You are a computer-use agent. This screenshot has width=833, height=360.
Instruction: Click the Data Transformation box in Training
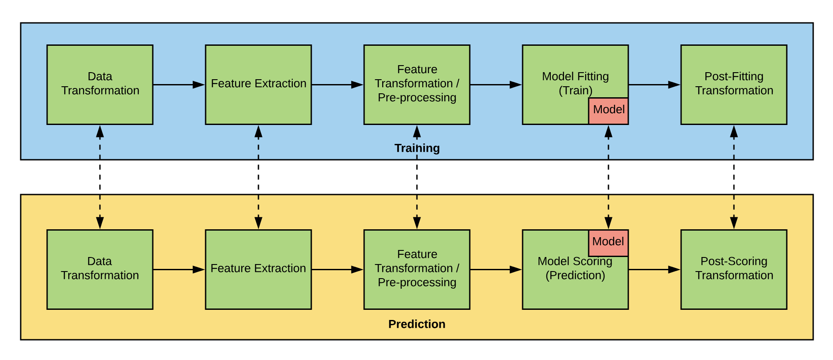[x=100, y=84]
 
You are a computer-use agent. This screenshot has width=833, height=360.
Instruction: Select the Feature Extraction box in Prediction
[x=258, y=269]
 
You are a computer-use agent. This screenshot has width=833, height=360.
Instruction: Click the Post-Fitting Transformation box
[x=733, y=84]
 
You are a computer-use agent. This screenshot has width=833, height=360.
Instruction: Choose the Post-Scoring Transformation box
[x=733, y=269]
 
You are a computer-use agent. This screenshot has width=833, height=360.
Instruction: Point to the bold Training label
[x=416, y=148]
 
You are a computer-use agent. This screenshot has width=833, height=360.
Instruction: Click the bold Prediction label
[x=416, y=324]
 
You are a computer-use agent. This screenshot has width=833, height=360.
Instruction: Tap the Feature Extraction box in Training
[x=258, y=84]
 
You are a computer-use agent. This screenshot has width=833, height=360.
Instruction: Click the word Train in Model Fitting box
[x=575, y=91]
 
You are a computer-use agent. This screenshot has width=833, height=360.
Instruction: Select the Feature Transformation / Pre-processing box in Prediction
[x=416, y=269]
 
